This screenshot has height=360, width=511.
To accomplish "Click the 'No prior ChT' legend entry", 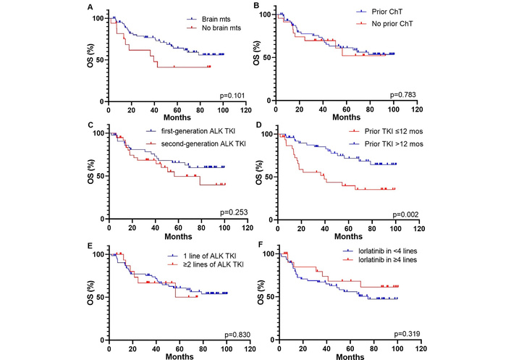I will (381, 24).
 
